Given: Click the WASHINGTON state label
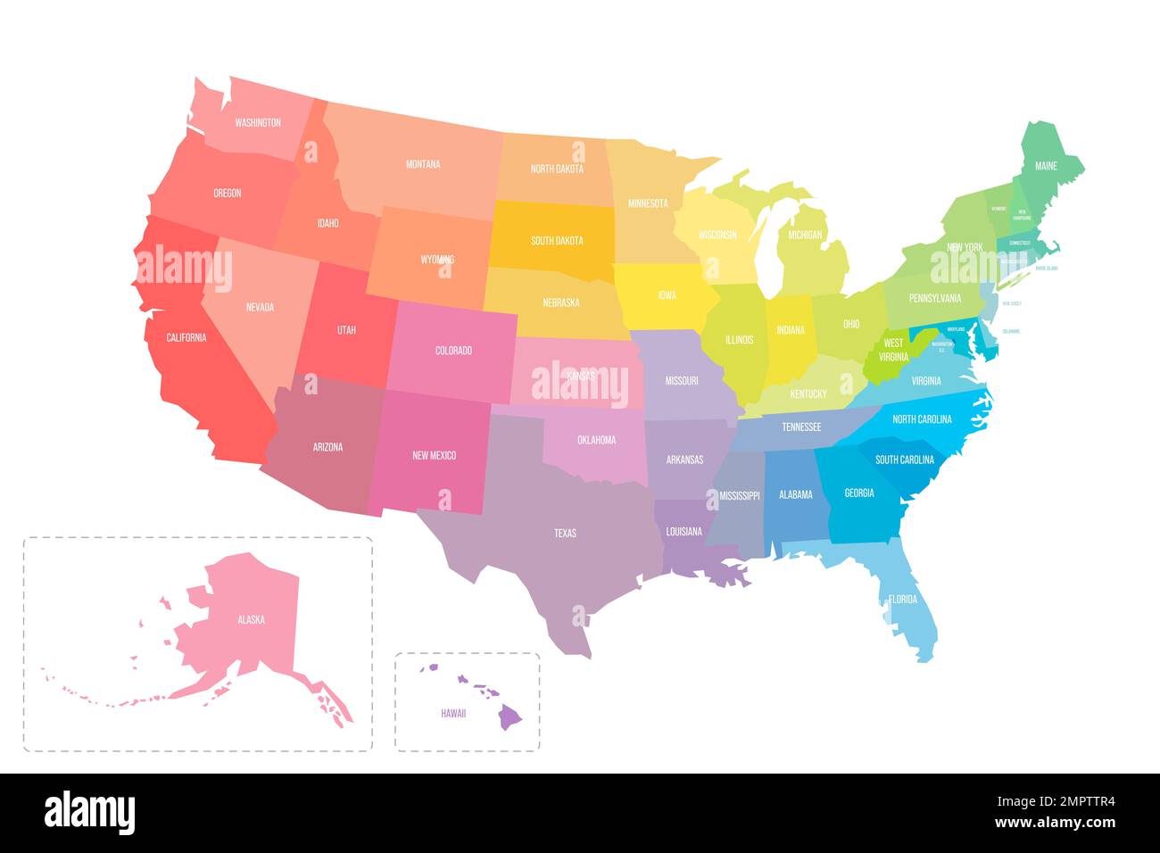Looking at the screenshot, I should (258, 123).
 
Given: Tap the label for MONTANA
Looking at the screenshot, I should (423, 164).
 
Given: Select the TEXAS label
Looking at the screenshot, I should (565, 534).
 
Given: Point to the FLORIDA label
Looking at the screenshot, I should (903, 600).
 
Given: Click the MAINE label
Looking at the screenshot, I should (1046, 167).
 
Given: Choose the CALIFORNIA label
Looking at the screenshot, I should (186, 338).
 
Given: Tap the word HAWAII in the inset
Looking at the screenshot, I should (453, 714).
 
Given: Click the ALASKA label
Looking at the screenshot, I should (251, 620).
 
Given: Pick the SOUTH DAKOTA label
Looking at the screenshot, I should (557, 241).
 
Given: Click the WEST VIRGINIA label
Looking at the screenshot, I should (893, 350).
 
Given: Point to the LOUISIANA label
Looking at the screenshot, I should (684, 532).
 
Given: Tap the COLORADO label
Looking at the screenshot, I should (453, 352).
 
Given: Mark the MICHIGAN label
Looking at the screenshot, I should (805, 236).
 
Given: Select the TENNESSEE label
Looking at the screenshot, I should (801, 427).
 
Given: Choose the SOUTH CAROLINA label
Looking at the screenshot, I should (905, 460).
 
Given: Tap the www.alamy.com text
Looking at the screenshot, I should (1054, 823).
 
